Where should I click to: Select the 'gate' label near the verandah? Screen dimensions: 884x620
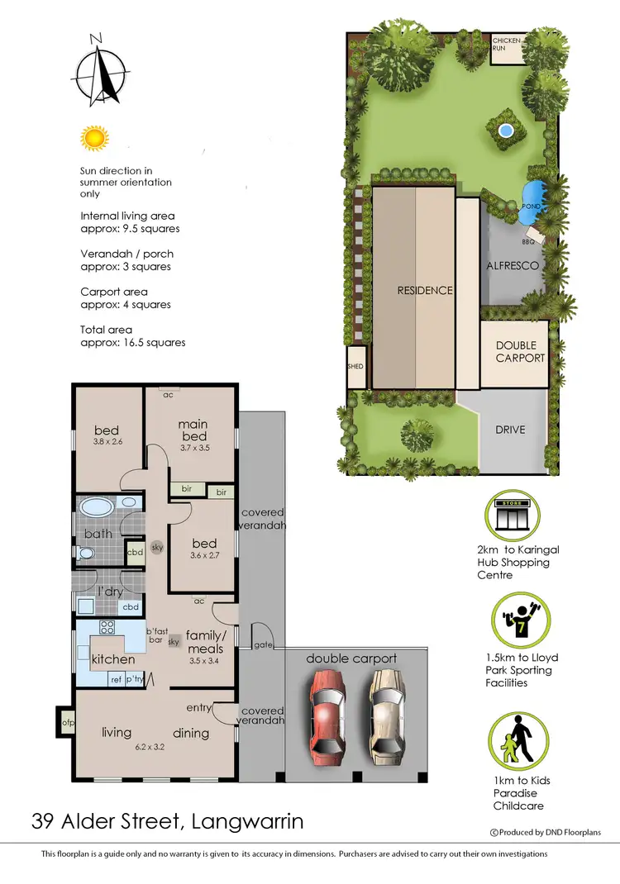[x=265, y=644]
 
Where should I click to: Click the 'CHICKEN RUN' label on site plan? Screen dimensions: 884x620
[x=506, y=44]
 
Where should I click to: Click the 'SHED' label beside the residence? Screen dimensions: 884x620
[x=355, y=367]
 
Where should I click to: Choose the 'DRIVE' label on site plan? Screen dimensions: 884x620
[x=511, y=430]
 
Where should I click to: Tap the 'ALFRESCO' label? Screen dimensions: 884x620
[x=513, y=266]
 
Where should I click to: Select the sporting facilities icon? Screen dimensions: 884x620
[x=515, y=618]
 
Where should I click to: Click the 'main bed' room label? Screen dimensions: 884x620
[x=193, y=430]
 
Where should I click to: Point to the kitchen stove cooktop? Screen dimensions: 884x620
[x=107, y=627]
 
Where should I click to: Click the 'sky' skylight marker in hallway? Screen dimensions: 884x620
[x=156, y=547]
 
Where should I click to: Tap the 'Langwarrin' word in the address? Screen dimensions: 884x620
[x=247, y=822]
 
